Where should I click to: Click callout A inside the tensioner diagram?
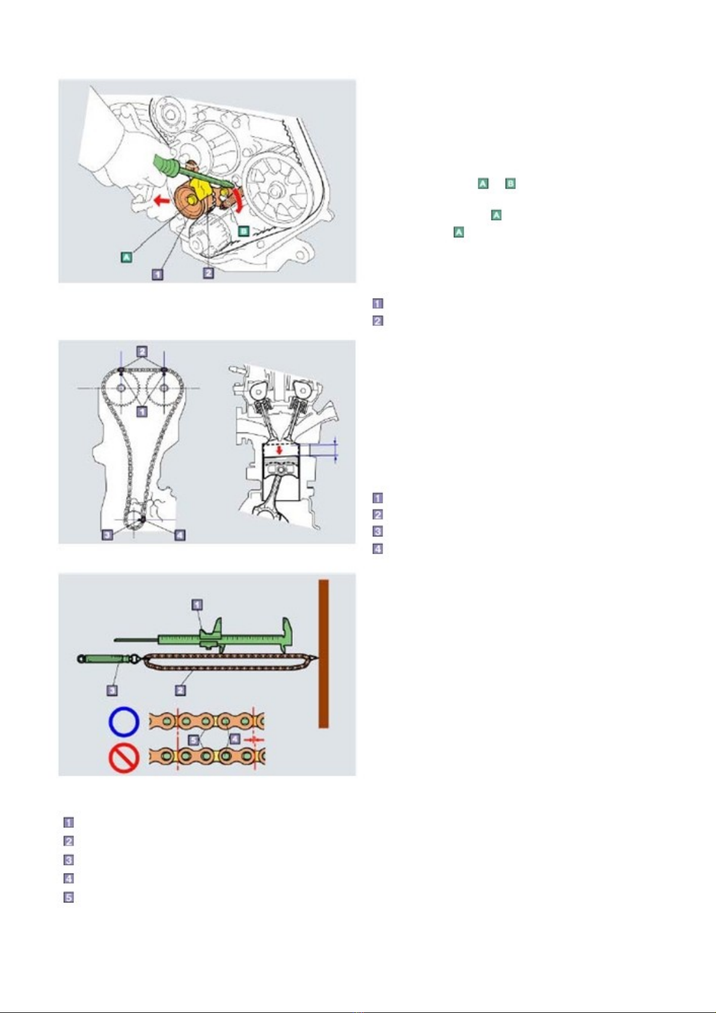click(126, 257)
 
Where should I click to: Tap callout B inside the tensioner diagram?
click(243, 231)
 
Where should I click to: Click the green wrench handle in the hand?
click(167, 167)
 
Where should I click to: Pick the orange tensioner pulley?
click(191, 202)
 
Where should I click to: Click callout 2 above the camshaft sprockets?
click(142, 351)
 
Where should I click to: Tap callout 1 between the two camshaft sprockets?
click(142, 412)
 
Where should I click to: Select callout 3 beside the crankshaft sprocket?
click(107, 535)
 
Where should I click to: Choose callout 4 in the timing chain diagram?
click(180, 535)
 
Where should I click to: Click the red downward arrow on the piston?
click(280, 450)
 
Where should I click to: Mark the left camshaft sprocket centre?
click(121, 388)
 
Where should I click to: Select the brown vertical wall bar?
click(323, 653)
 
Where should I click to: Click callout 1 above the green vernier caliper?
click(197, 605)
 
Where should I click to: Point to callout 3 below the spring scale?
click(112, 690)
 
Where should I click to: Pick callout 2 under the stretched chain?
click(180, 690)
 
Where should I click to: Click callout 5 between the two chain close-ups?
click(194, 740)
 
